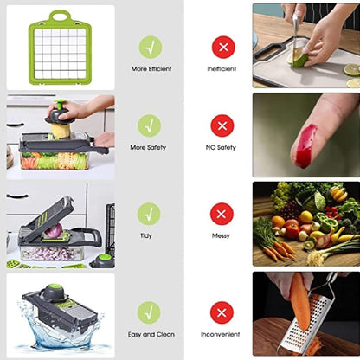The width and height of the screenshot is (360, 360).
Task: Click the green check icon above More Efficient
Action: point(150,47)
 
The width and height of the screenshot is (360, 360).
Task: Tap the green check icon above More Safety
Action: point(150,125)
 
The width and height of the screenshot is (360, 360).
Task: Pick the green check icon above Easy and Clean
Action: point(149,312)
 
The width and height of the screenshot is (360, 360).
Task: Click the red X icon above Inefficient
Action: point(222,47)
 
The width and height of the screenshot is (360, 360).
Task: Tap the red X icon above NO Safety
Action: point(222,125)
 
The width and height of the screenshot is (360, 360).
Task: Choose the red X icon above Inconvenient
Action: point(222,312)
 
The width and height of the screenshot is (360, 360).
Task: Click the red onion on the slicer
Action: point(54,231)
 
